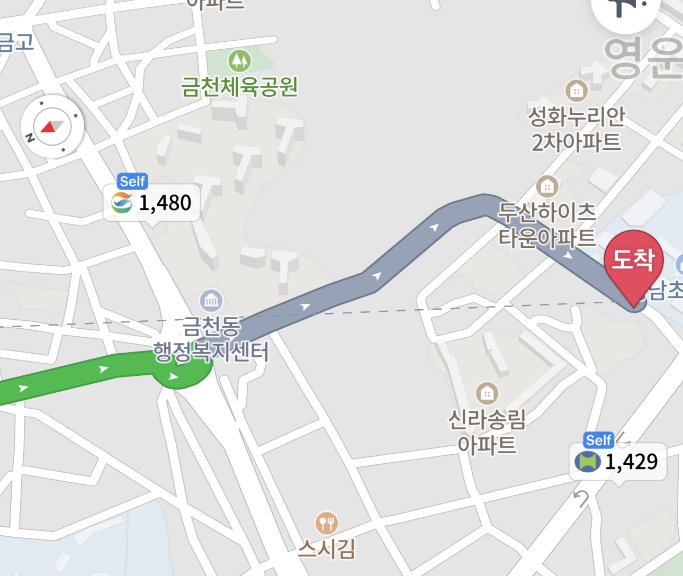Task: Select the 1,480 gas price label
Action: [164, 203]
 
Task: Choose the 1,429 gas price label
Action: [631, 462]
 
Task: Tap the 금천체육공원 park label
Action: [239, 87]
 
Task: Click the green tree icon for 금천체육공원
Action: [239, 61]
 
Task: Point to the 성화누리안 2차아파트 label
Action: [577, 129]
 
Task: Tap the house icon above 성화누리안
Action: [577, 91]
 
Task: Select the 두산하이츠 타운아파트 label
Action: [547, 225]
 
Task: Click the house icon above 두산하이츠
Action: [547, 186]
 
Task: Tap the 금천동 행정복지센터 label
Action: [211, 339]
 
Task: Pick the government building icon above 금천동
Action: [211, 301]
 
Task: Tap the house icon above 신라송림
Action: [487, 393]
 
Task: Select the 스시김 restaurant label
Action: [326, 549]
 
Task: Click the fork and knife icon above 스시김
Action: [326, 523]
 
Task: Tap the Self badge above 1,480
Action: [132, 182]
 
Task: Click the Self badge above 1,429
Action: [598, 440]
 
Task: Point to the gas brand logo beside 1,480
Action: [122, 203]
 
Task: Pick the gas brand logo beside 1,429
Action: [587, 462]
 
